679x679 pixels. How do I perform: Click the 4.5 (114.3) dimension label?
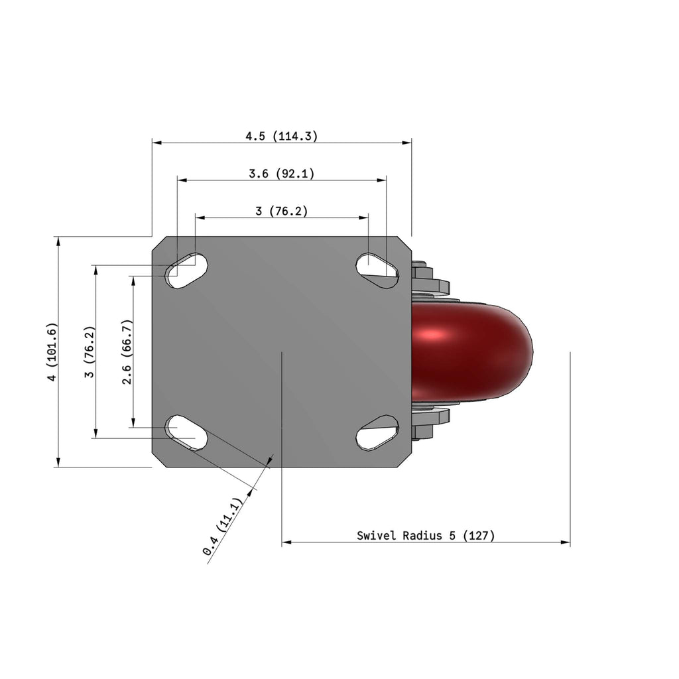click(281, 136)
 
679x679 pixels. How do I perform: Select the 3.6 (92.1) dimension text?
click(281, 174)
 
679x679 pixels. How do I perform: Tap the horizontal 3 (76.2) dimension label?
click(281, 211)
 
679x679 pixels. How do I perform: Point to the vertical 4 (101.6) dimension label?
click(52, 351)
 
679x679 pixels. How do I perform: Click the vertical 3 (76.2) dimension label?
click(90, 351)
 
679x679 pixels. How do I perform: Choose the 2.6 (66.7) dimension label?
click(127, 351)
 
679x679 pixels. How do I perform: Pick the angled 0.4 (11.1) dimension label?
click(223, 526)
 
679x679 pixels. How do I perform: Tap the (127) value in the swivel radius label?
click(479, 536)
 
